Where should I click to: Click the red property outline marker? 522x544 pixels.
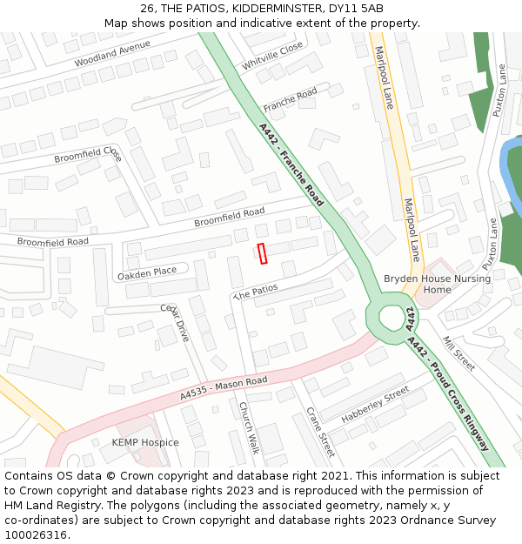pos(262,252)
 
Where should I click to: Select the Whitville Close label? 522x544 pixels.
pos(272,55)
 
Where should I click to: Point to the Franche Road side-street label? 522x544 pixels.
pos(291,99)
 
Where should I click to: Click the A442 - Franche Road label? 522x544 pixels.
pos(291,165)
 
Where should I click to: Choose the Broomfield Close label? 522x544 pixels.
pos(88,154)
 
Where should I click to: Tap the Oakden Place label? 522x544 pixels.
pos(146,272)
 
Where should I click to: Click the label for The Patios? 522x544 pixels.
pos(256,292)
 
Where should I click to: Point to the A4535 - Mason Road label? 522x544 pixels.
pos(224,388)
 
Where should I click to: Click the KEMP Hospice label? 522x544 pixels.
pos(145,442)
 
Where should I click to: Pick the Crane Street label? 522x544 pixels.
pos(320,432)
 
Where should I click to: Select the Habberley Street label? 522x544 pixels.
pos(375,405)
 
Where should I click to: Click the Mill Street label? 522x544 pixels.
pos(458,353)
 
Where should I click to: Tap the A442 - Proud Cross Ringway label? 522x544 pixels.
pos(447,393)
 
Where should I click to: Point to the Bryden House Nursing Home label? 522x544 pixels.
pos(437,284)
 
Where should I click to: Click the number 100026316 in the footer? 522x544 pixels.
pos(37,534)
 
